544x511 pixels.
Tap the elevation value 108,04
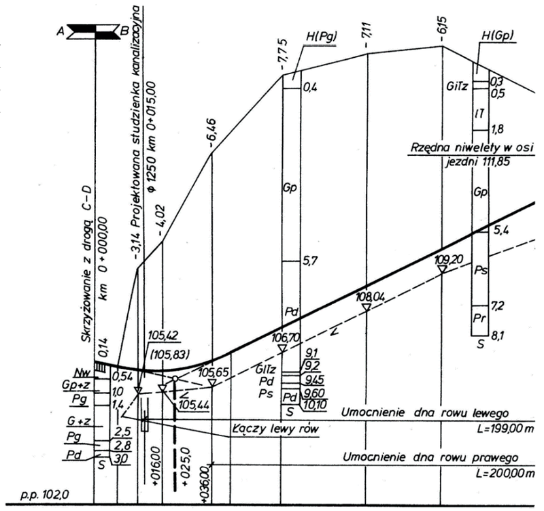[371, 297]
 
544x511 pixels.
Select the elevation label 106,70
[286, 337]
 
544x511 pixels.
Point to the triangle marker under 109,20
[442, 269]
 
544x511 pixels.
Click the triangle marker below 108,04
[367, 308]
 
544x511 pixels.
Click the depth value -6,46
[212, 133]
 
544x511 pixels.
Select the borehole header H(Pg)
[322, 37]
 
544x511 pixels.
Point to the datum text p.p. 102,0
[45, 495]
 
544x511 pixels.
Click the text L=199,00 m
[505, 429]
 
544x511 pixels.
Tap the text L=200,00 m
[505, 473]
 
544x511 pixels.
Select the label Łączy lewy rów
[275, 429]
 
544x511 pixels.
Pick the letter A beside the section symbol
[61, 32]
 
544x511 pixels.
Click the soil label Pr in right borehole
[479, 318]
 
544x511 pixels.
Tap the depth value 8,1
[498, 335]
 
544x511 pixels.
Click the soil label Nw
[83, 373]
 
